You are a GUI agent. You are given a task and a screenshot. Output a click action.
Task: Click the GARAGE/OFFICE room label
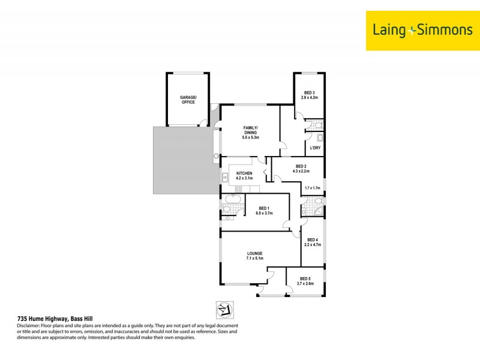click(187, 100)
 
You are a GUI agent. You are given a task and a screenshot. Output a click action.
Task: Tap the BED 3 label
click(309, 92)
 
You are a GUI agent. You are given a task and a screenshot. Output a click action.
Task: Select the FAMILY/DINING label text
click(250, 128)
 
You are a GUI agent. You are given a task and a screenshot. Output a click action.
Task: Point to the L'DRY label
click(314, 148)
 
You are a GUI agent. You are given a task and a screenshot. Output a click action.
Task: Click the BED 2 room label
click(301, 166)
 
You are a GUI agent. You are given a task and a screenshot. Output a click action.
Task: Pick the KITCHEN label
click(244, 173)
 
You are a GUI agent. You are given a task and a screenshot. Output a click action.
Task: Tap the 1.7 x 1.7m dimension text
click(313, 188)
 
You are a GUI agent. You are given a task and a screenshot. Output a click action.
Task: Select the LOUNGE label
click(255, 253)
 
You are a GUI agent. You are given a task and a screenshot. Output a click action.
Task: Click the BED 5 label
click(305, 278)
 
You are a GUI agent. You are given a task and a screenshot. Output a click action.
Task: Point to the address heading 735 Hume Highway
click(53, 319)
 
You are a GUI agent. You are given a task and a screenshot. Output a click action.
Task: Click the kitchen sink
click(225, 177)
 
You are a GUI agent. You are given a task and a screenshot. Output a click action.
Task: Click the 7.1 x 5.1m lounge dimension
click(255, 259)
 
